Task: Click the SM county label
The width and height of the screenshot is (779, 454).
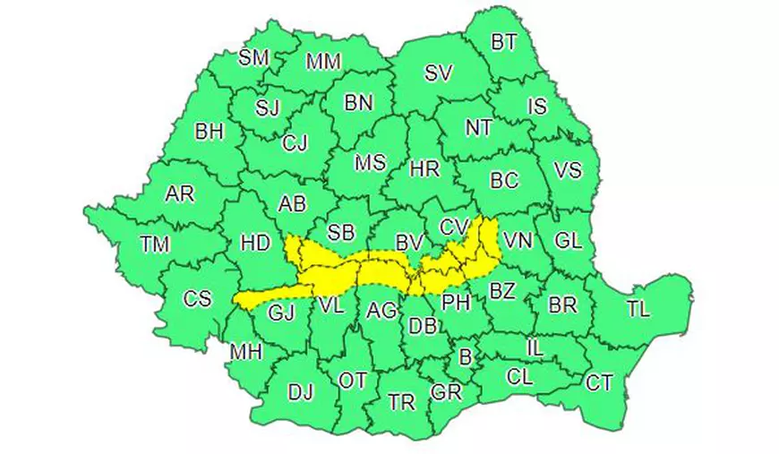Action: (254, 57)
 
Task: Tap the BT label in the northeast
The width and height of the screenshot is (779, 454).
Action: (504, 42)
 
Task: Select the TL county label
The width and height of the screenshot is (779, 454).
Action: (638, 310)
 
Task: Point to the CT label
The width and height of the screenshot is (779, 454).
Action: (599, 383)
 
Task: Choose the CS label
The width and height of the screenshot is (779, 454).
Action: (197, 298)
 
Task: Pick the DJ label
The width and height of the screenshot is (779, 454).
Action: (301, 391)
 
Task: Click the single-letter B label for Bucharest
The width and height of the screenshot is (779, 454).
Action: (465, 357)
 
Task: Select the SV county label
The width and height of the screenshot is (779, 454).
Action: (439, 73)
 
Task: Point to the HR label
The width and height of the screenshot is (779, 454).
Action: (423, 167)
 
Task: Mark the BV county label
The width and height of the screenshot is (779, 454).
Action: (409, 242)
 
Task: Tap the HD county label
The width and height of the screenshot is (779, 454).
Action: (255, 242)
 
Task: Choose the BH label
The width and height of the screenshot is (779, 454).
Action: (210, 132)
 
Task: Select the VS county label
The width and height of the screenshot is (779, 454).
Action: (568, 170)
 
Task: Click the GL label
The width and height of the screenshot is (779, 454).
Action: (569, 241)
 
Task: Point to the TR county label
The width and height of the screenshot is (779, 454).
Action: (402, 402)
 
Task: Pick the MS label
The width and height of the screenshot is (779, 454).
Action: (370, 163)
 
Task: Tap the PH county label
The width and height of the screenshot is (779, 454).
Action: (457, 302)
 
